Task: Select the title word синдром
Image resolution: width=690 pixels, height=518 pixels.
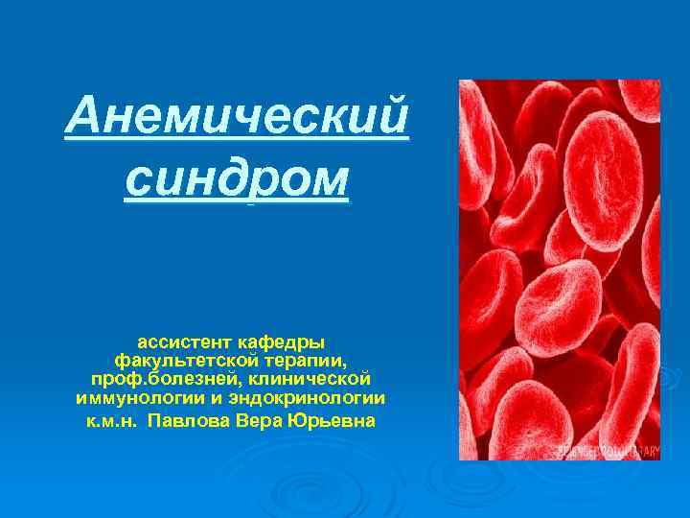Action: [237, 178]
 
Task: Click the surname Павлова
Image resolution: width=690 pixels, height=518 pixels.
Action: [190, 421]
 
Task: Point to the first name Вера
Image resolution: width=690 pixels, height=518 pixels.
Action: [251, 421]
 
